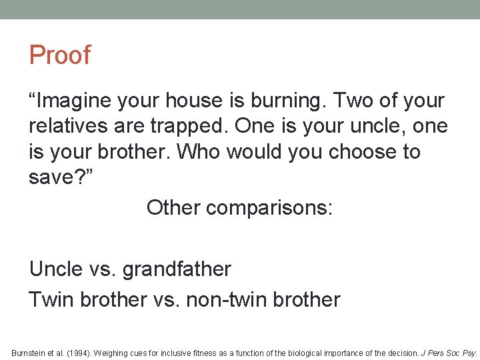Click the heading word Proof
59,55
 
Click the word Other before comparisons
173,207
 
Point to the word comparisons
269,207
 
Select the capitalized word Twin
51,299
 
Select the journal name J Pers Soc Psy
453,352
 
